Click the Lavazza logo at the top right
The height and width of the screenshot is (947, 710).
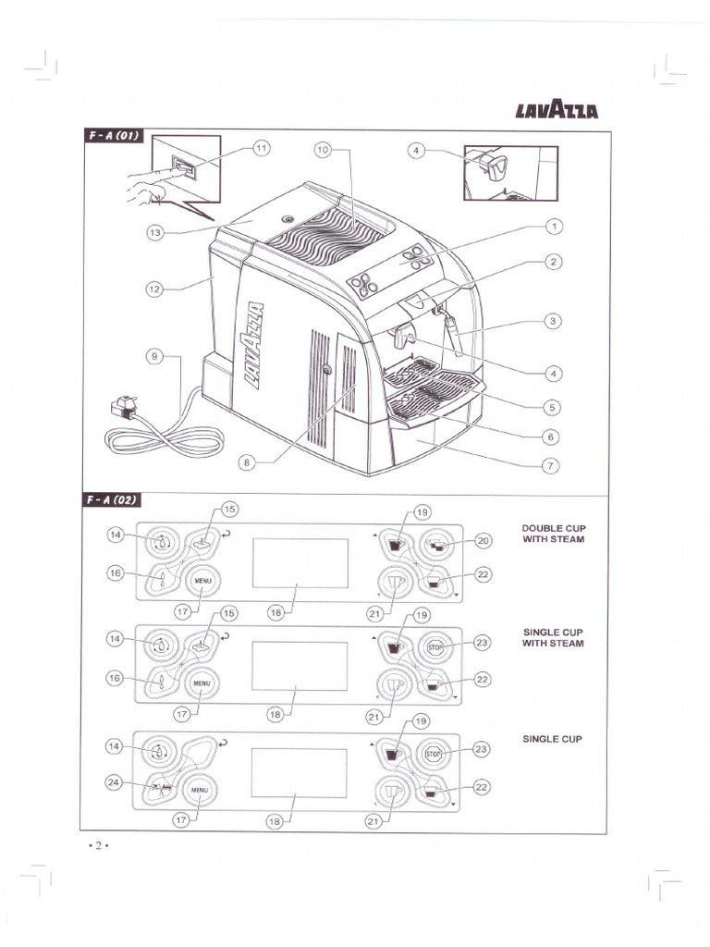point(557,112)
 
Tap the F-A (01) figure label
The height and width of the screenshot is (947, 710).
point(112,136)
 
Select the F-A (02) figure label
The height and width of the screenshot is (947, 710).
point(112,500)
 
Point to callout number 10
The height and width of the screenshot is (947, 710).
point(322,149)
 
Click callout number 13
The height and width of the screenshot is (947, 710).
point(155,232)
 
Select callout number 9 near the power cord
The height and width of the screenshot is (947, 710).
point(155,355)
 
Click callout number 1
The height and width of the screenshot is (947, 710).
point(553,225)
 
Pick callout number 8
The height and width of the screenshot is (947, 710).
point(247,462)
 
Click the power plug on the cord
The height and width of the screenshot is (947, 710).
point(123,408)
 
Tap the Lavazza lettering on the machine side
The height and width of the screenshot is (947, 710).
point(253,344)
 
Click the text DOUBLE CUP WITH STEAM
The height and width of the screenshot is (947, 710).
point(553,534)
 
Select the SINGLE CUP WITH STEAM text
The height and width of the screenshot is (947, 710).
point(553,637)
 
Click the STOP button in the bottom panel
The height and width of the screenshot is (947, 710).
point(435,755)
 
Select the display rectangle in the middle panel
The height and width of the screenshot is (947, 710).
point(300,666)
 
